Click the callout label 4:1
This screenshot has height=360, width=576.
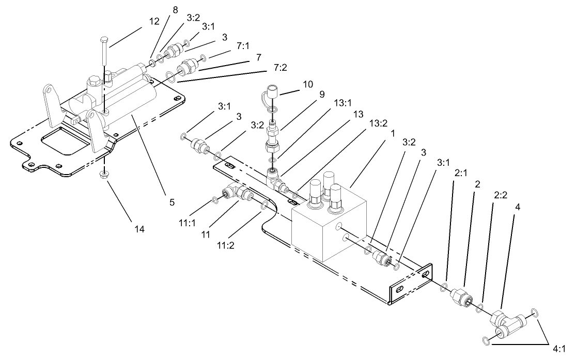[560, 348]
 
